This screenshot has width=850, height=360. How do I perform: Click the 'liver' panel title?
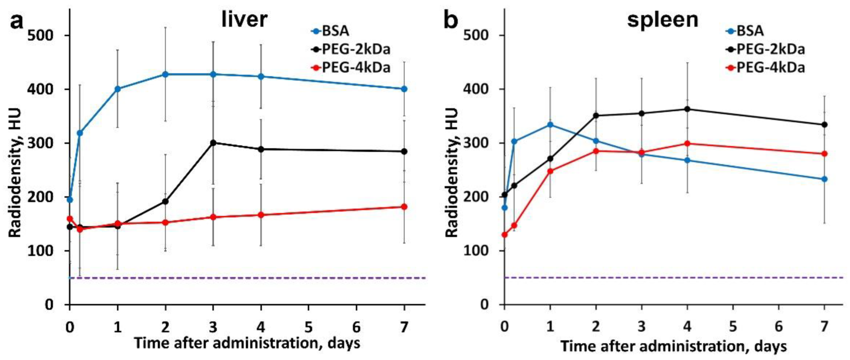pyautogui.click(x=244, y=19)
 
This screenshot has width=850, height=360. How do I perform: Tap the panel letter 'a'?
pyautogui.click(x=16, y=20)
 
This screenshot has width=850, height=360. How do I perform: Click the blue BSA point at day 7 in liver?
pyautogui.click(x=404, y=89)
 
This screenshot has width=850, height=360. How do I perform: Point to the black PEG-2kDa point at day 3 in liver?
pyautogui.click(x=213, y=143)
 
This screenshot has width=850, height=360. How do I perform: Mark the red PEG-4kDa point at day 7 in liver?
pyautogui.click(x=404, y=207)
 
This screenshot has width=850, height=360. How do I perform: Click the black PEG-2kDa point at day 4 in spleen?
pyautogui.click(x=687, y=109)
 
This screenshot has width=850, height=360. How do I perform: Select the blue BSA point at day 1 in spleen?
pyautogui.click(x=550, y=125)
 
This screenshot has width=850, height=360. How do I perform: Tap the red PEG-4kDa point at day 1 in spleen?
pyautogui.click(x=550, y=171)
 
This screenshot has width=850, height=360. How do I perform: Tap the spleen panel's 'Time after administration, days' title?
pyautogui.click(x=673, y=346)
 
